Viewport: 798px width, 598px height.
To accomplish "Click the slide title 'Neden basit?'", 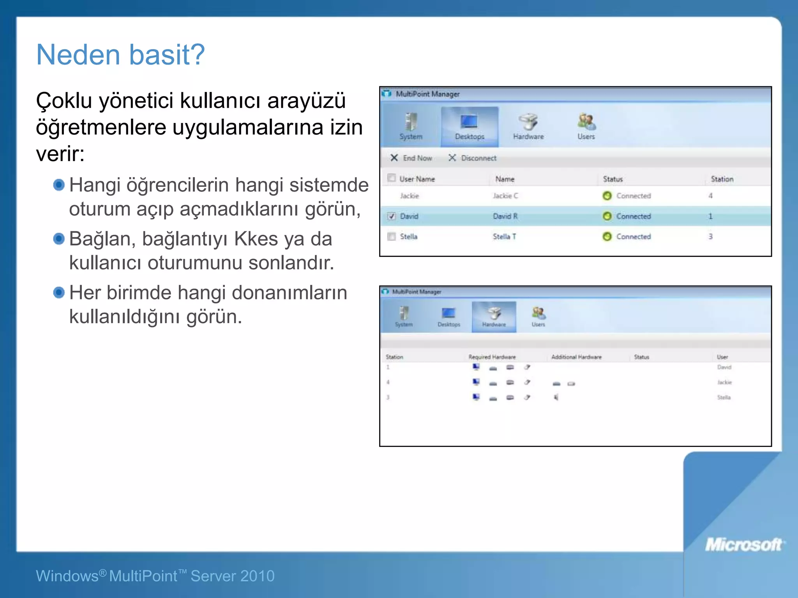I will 120,55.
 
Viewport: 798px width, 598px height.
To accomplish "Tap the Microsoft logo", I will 743,545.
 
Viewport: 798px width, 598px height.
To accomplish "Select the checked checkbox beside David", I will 392,216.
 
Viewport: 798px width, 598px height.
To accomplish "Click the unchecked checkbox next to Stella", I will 392,236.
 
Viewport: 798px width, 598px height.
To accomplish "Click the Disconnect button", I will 473,158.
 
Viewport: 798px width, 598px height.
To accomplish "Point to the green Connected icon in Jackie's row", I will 607,196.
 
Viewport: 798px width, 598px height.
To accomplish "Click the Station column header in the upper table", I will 722,179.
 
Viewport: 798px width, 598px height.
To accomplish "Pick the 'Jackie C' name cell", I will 505,196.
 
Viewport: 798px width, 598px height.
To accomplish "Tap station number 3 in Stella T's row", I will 710,236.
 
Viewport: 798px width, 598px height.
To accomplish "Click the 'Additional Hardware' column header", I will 576,357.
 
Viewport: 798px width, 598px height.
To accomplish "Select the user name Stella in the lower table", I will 724,397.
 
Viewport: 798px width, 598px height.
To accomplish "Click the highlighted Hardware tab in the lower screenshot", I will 494,317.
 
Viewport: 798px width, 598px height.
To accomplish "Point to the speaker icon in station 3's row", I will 556,397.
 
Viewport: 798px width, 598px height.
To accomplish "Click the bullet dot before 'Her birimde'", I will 59,292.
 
